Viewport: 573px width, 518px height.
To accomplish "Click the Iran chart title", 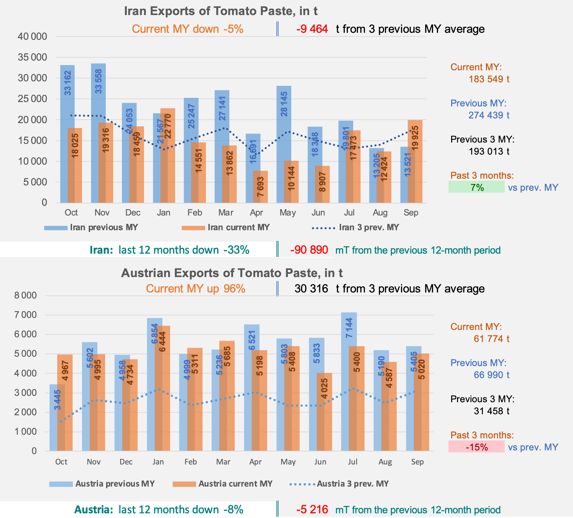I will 221,11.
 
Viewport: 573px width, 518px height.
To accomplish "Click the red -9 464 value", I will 312,29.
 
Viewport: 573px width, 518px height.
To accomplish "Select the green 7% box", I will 476,187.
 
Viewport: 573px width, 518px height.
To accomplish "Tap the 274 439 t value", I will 489,115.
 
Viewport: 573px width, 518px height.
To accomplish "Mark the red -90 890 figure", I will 309,250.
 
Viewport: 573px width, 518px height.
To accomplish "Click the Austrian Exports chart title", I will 232,273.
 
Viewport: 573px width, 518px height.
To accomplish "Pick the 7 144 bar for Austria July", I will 349,381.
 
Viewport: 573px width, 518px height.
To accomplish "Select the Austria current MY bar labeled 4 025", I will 324,412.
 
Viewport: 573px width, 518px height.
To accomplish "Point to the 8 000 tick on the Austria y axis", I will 25,295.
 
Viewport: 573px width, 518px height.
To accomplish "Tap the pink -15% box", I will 476,447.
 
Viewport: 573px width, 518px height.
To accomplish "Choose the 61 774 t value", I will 491,339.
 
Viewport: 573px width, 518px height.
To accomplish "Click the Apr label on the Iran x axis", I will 256,213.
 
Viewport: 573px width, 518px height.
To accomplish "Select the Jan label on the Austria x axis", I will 158,462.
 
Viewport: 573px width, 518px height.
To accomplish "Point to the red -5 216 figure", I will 312,510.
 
